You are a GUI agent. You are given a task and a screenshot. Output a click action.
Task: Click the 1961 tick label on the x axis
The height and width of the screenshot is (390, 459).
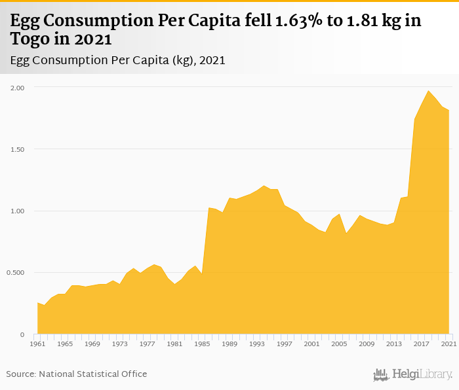tap(37, 343)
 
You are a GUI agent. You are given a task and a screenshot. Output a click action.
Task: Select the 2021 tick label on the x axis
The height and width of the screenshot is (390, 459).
tap(449, 343)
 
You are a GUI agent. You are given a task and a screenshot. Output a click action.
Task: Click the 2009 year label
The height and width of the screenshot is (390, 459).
tap(367, 343)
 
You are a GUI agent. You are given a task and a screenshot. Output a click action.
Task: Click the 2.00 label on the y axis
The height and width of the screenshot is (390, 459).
tap(17, 87)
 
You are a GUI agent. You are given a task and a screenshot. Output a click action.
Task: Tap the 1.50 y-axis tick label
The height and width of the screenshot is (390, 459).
tap(17, 149)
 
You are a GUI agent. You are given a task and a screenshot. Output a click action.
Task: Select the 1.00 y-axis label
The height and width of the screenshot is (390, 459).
tap(17, 211)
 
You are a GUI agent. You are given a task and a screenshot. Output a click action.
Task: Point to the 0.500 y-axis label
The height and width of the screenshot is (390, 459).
tap(16, 273)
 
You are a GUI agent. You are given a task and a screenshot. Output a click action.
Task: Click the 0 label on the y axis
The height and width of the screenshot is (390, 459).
tap(23, 334)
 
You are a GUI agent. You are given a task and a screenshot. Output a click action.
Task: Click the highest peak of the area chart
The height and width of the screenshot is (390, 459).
tap(428, 91)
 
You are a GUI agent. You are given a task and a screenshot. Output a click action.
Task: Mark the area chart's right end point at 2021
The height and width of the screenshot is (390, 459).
tap(449, 111)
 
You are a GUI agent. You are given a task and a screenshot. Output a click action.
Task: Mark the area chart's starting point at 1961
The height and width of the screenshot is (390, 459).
tap(37, 303)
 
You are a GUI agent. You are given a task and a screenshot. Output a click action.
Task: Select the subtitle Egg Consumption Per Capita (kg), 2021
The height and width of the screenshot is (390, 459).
tap(118, 60)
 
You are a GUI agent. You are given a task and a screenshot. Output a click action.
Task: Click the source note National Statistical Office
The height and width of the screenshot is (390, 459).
tap(77, 374)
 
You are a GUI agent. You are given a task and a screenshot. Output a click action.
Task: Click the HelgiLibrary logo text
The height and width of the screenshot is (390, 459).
tap(422, 374)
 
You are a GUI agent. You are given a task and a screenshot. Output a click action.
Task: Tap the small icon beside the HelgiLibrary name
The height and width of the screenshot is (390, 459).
tap(381, 374)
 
